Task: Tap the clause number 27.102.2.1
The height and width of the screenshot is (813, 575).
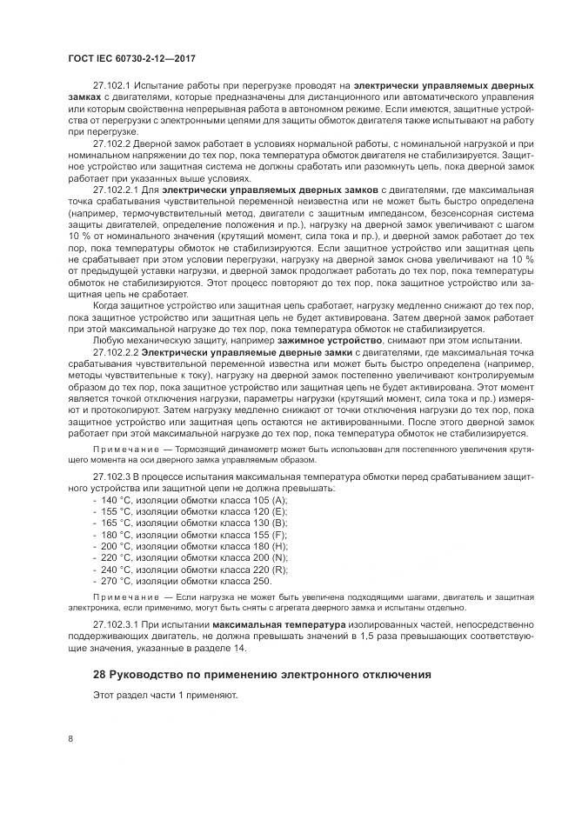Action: pyautogui.click(x=115, y=188)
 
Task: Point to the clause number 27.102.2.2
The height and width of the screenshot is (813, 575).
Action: pyautogui.click(x=115, y=352)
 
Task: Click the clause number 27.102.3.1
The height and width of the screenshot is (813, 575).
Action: pyautogui.click(x=115, y=624)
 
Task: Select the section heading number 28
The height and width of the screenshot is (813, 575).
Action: pyautogui.click(x=99, y=675)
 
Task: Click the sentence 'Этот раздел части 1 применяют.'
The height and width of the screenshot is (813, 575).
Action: pyautogui.click(x=164, y=696)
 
